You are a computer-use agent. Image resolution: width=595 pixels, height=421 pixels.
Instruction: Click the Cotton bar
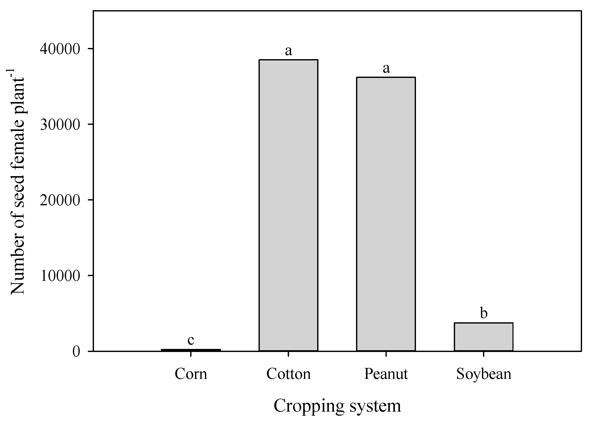pos(288,205)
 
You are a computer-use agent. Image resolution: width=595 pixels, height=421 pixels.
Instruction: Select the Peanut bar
pos(386,214)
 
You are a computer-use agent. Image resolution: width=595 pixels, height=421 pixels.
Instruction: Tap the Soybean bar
pos(484,337)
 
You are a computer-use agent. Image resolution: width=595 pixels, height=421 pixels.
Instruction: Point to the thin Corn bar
pos(191,350)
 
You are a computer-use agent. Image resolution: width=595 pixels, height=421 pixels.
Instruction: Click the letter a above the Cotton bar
pos(288,51)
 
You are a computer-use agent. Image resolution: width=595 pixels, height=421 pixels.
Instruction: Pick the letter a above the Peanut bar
pos(386,69)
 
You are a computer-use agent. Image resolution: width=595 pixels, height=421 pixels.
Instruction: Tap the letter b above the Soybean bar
pos(484,313)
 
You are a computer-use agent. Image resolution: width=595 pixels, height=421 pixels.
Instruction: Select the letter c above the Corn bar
pos(191,340)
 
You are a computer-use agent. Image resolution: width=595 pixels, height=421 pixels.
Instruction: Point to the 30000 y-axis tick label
pos(60,124)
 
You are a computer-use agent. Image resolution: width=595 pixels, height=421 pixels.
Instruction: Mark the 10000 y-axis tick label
pos(60,276)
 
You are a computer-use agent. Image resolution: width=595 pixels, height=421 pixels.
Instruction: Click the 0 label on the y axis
pos(76,351)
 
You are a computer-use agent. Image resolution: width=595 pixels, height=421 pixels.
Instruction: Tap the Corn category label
pos(191,374)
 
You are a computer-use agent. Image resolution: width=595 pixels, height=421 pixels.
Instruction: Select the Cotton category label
pos(288,374)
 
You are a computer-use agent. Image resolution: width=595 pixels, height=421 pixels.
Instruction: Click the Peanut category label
pos(386,374)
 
